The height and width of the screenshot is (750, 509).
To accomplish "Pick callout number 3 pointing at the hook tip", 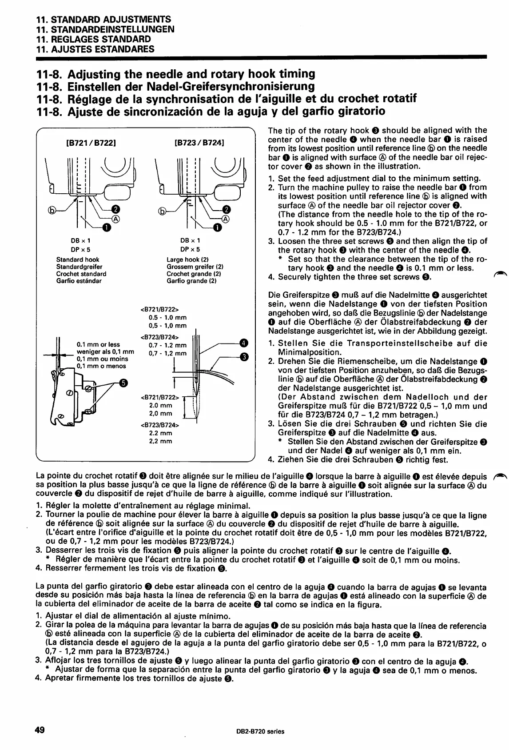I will point(243,356).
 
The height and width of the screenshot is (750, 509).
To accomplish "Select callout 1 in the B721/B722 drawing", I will point(107,228).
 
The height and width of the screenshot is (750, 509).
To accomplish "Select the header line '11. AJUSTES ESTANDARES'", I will point(95,49).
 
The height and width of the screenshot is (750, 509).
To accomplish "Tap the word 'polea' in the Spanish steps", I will point(99,626).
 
